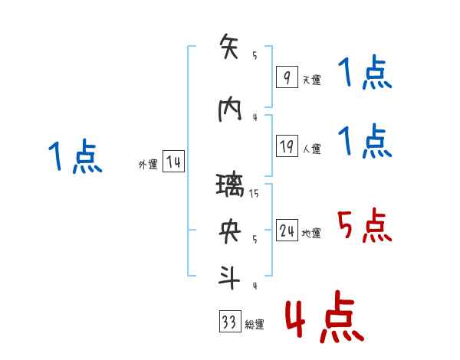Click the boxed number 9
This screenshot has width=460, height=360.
point(286,77)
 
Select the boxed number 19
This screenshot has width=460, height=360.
point(287,146)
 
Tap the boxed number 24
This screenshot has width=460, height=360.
point(287,231)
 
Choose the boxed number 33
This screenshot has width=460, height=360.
point(228,322)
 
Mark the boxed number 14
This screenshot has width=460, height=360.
point(173,162)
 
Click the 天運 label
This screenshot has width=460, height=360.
point(311,80)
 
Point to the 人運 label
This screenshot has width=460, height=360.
point(312,149)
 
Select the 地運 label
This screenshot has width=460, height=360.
point(312,233)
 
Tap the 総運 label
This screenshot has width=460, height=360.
point(255,325)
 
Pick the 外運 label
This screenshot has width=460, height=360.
point(148,164)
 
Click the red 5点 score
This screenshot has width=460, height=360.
point(364,225)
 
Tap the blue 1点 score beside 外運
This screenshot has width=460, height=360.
point(75,157)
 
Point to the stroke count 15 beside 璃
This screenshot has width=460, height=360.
point(254,194)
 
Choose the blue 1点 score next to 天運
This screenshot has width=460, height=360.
point(364,74)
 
